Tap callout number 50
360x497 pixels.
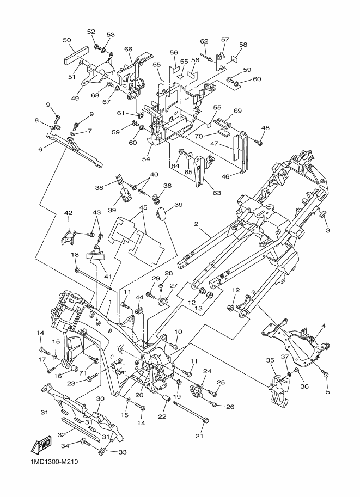(x=67, y=40)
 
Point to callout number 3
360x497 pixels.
(x=328, y=231)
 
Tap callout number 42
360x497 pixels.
(x=69, y=213)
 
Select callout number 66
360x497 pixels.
(x=129, y=50)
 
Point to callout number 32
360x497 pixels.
(x=62, y=435)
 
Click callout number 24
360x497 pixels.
(x=206, y=372)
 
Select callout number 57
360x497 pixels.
(x=225, y=39)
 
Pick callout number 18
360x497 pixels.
(x=75, y=255)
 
